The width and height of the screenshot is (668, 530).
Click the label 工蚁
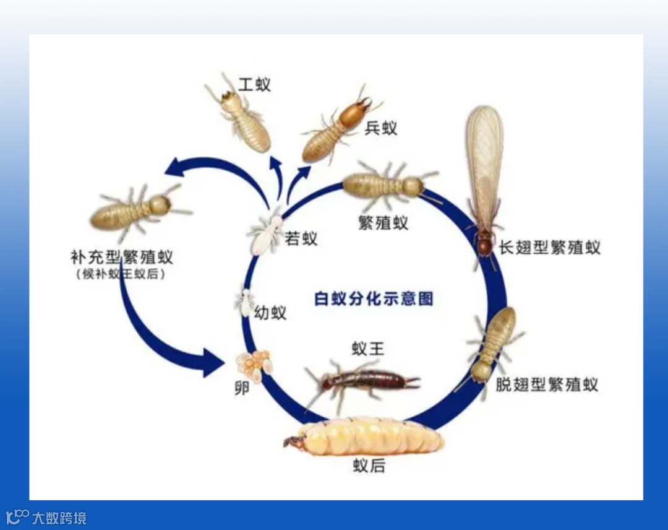point(254,84)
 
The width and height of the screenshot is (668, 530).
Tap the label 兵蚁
point(380,128)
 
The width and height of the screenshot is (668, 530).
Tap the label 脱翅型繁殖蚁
point(547,384)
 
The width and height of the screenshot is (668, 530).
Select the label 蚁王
point(368,349)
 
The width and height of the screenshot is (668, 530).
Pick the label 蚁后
point(369,466)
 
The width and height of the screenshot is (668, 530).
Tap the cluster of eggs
point(254,365)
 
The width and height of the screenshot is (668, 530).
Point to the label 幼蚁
point(270,313)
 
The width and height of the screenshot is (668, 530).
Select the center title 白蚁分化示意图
point(374,298)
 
